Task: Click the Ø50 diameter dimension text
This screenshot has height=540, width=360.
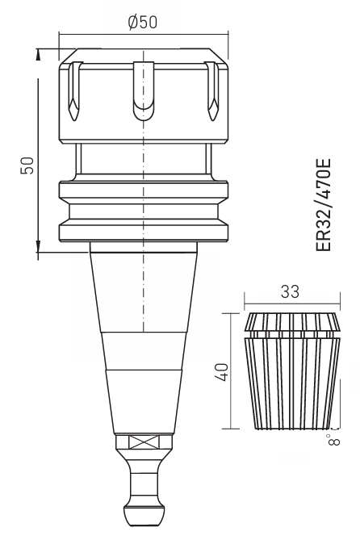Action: pyautogui.click(x=143, y=22)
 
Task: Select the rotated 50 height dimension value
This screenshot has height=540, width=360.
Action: pyautogui.click(x=26, y=165)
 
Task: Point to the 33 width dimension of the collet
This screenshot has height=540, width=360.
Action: pyautogui.click(x=290, y=291)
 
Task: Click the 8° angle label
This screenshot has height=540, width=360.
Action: pyautogui.click(x=333, y=438)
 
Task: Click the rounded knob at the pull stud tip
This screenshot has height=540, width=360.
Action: pyautogui.click(x=143, y=514)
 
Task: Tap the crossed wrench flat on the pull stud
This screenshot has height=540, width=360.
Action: pyautogui.click(x=143, y=442)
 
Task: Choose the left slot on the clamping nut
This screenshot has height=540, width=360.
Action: pyautogui.click(x=75, y=89)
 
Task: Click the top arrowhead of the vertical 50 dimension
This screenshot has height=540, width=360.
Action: pyautogui.click(x=38, y=54)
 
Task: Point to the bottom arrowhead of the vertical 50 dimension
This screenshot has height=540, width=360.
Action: pyautogui.click(x=38, y=245)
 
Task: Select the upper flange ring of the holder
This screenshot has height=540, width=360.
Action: pyautogui.click(x=143, y=191)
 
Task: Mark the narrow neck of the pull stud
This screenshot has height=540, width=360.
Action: pyautogui.click(x=143, y=483)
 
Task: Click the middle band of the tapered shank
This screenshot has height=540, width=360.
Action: pyautogui.click(x=143, y=350)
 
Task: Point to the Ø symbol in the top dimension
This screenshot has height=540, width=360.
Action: pyautogui.click(x=132, y=22)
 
